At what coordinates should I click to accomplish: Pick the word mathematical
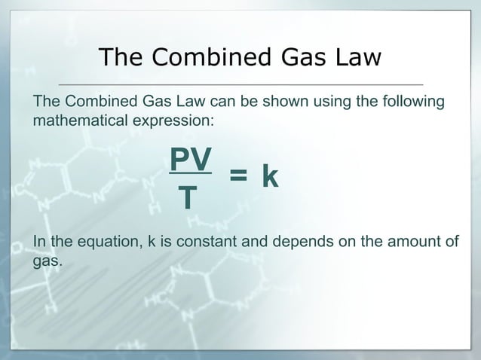77,120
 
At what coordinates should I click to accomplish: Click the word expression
173,121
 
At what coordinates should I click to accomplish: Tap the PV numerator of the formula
190,158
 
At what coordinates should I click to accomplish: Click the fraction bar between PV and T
190,175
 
